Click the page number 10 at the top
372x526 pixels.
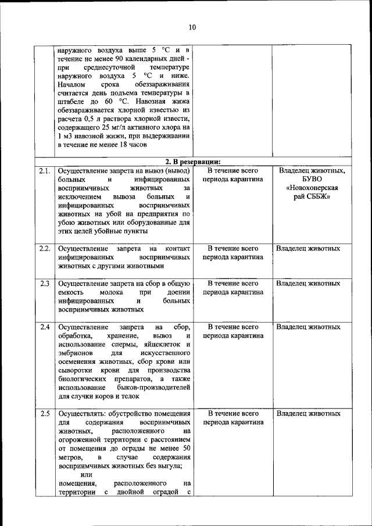coord(192,27)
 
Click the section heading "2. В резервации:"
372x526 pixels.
coord(192,162)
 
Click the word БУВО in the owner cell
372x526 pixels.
coord(308,180)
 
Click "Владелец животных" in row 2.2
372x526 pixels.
coord(308,249)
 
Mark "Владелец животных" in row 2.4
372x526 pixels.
coord(308,327)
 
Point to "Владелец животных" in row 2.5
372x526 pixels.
coord(308,414)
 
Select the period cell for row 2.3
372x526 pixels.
coord(233,288)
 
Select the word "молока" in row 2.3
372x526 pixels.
coord(111,292)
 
